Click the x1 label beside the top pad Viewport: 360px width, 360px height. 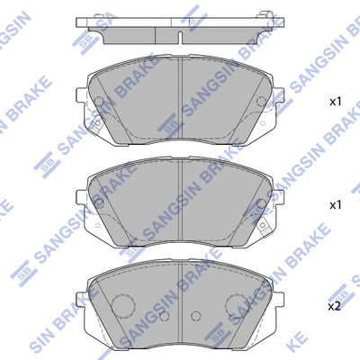click(336, 102)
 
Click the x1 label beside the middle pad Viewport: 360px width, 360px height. click(336, 205)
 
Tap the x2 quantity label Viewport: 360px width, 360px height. click(335, 307)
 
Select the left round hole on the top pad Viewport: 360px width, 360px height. click(99, 102)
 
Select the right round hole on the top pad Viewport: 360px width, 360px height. click(262, 102)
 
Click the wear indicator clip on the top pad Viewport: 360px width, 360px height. click(96, 125)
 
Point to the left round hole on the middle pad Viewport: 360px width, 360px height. click(99, 203)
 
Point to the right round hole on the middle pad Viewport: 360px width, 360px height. click(262, 203)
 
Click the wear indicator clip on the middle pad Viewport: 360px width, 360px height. click(264, 228)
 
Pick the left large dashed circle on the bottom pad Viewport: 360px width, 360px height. click(123, 305)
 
